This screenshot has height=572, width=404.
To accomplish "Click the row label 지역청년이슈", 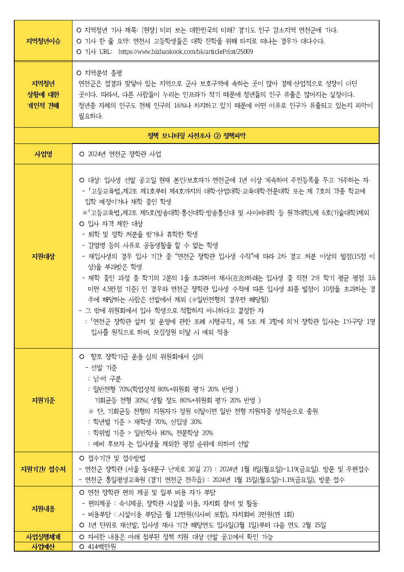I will pyautogui.click(x=43, y=41).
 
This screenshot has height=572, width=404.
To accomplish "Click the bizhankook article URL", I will pyautogui.click(x=185, y=52).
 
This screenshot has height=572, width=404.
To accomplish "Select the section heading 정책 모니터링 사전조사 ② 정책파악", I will pyautogui.click(x=196, y=136).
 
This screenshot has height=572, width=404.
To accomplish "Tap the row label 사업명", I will pyautogui.click(x=43, y=154).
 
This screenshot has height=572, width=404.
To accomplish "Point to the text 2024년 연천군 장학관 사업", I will pyautogui.click(x=124, y=154).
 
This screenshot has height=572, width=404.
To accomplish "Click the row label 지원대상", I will pyautogui.click(x=43, y=256).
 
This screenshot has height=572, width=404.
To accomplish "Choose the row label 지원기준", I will pyautogui.click(x=43, y=400).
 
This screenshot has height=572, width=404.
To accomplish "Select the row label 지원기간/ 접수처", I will pyautogui.click(x=43, y=469).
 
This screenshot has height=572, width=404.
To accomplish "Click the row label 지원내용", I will pyautogui.click(x=43, y=509).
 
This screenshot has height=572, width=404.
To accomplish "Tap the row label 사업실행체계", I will pyautogui.click(x=43, y=537).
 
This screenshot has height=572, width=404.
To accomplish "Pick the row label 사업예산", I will pyautogui.click(x=43, y=547).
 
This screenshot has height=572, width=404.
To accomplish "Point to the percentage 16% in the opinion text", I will pyautogui.click(x=180, y=106).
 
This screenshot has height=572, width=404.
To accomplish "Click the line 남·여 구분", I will pyautogui.click(x=107, y=379).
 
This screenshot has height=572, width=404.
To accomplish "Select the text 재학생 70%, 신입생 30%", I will pyautogui.click(x=168, y=422).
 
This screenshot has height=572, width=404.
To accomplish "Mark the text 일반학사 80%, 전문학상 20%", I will pyautogui.click(x=173, y=433).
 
